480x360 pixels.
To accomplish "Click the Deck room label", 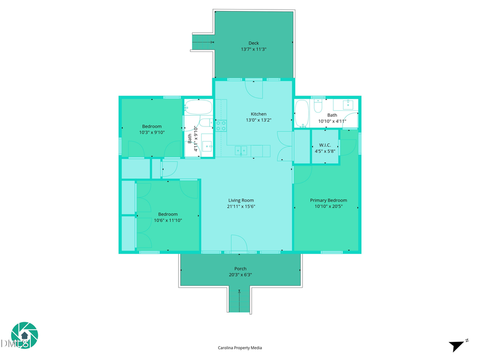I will tap(253, 43).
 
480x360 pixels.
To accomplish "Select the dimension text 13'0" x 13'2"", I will tap(259, 120).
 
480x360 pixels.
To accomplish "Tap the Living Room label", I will tap(241, 200).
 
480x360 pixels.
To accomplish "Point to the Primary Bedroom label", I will tap(329, 201).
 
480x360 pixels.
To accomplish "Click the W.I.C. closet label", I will tap(325, 145).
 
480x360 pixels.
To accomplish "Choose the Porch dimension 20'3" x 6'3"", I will tap(240, 275).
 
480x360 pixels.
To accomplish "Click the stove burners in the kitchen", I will tap(221, 125).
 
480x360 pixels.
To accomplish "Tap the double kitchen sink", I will tap(241, 151).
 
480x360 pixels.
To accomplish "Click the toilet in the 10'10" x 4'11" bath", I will tap(317, 107).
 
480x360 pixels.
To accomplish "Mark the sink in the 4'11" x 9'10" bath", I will tap(206, 146).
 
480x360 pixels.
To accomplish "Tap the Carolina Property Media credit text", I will tap(240, 348).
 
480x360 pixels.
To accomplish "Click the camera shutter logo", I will tap(25, 335).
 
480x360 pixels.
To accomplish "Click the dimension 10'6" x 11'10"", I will tap(168, 220).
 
